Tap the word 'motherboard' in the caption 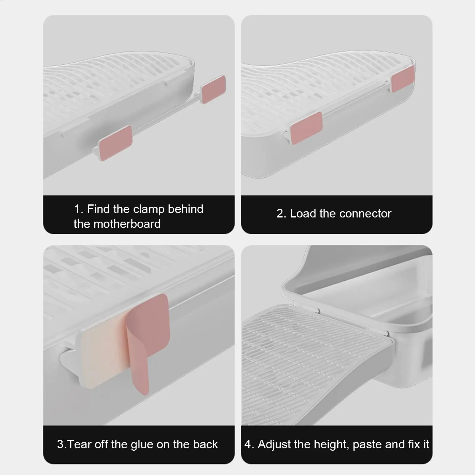tap(127, 224)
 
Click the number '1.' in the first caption tap(79, 209)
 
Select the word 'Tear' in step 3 tap(80, 444)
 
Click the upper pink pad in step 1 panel tap(213, 89)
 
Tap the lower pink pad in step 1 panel tap(115, 143)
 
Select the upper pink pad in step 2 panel tap(403, 78)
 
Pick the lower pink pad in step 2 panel tap(306, 128)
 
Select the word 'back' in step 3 tap(205, 444)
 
